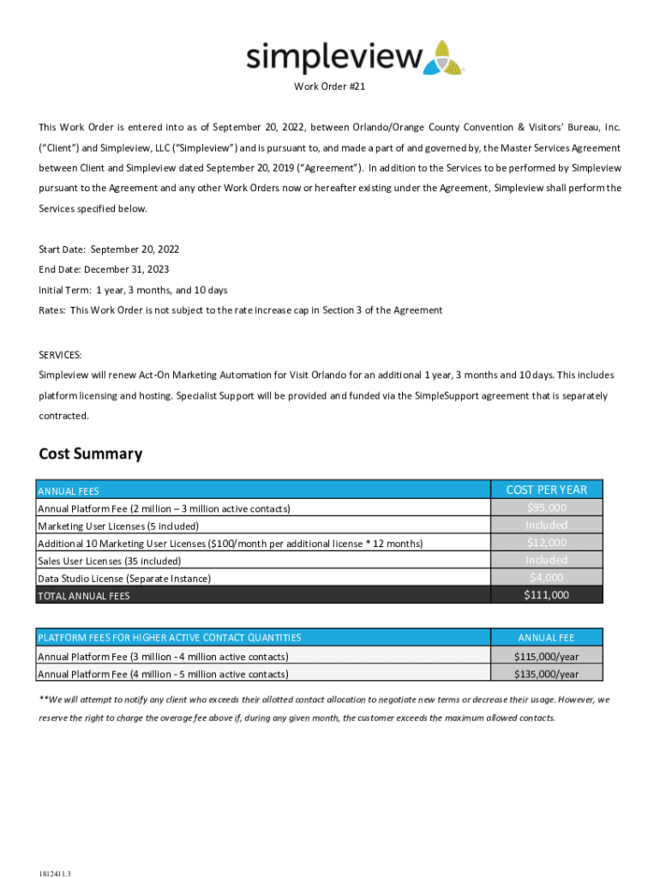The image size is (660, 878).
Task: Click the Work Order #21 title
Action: pos(330,87)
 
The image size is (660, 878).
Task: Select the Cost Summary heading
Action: pos(91,454)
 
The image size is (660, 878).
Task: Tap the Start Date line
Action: pos(109,250)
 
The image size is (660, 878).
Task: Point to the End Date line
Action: pos(104,269)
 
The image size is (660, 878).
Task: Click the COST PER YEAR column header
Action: pos(546,490)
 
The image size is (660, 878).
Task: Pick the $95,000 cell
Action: pos(546,508)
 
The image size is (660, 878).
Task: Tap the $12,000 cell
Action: pos(546,543)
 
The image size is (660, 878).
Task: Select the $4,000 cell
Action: pos(546,577)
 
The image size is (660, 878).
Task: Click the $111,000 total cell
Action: pos(546,595)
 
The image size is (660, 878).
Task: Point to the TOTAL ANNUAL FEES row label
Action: pos(84,596)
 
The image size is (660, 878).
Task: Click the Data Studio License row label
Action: pos(124,579)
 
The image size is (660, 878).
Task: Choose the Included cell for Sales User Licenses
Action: pos(546,560)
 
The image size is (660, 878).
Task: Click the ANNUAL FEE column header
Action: pos(546,638)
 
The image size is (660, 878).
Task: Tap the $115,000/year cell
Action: pos(546,656)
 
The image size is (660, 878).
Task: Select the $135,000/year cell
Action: pos(546,674)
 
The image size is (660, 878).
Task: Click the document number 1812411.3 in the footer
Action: pos(55,873)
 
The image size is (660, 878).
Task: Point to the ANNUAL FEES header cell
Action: pos(69,491)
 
